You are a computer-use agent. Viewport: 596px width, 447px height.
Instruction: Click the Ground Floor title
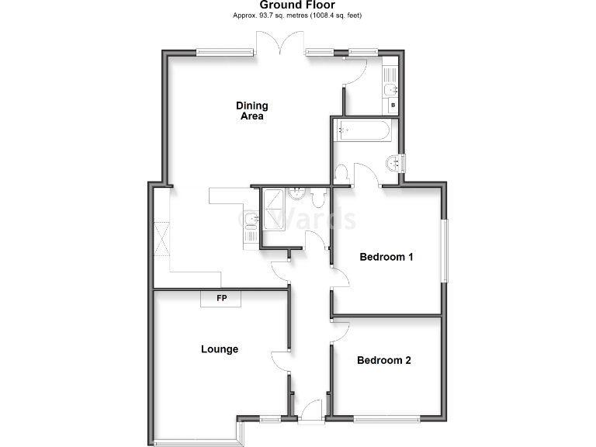pos(297,5)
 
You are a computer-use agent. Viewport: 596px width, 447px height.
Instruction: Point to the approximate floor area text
pos(297,16)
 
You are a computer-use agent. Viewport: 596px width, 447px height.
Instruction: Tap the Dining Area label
pos(251,111)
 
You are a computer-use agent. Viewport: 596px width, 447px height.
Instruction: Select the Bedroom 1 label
pos(386,257)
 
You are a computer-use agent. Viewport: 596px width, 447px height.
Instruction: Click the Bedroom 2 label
pos(383,360)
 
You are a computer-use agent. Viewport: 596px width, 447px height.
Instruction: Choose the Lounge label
pos(220,349)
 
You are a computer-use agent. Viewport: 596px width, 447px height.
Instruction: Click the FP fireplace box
pos(221,298)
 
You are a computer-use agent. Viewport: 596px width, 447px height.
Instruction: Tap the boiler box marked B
pos(393,106)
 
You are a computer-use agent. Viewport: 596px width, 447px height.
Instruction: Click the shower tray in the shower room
pos(272,210)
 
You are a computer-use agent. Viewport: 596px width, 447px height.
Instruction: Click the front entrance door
pos(311,410)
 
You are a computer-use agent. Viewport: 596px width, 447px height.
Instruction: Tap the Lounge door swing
pos(280,362)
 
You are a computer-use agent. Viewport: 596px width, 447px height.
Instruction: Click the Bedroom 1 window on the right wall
pos(444,251)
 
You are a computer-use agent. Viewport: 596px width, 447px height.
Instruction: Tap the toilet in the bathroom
pos(342,174)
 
